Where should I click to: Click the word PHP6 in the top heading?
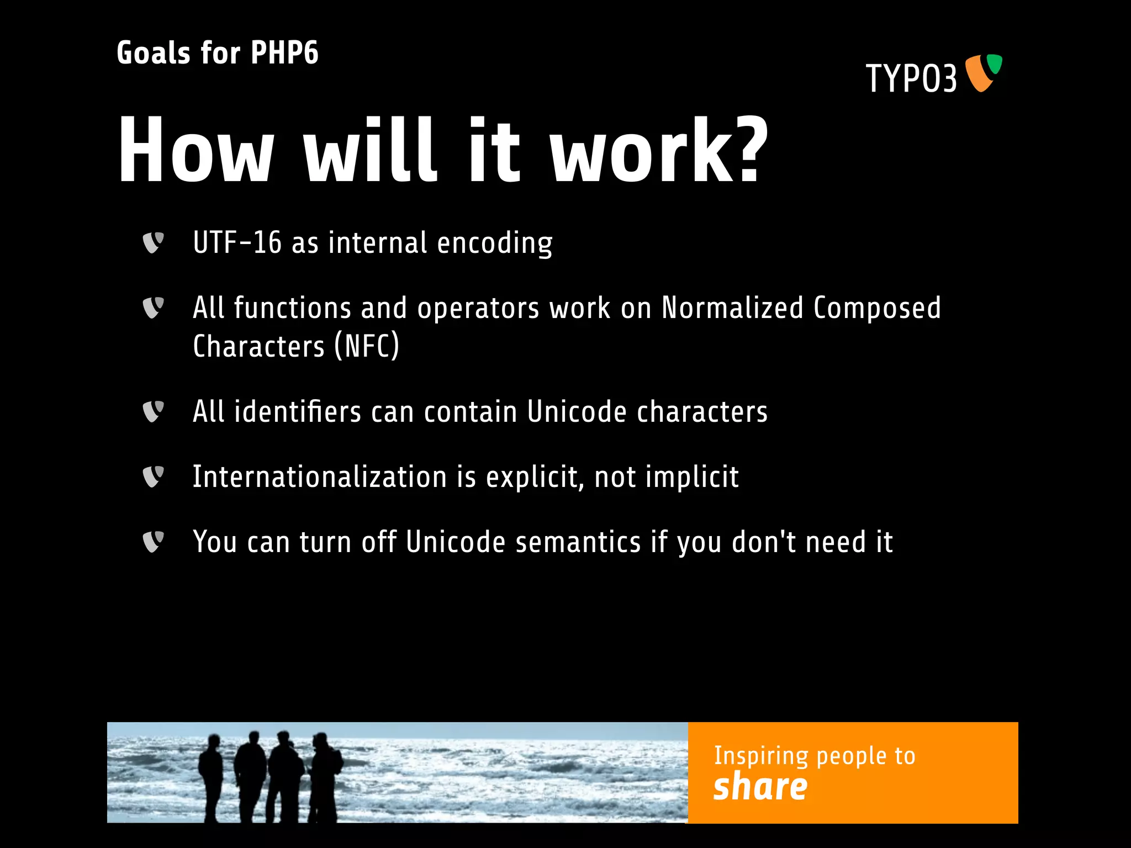click(284, 54)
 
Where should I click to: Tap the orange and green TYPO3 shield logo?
click(983, 73)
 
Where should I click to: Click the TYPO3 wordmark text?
click(911, 78)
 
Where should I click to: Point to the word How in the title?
click(196, 150)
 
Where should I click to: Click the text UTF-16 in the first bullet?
click(237, 243)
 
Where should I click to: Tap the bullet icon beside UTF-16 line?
click(153, 242)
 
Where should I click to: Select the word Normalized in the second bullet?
click(732, 308)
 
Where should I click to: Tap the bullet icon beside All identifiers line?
click(153, 411)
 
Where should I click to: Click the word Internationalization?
click(319, 477)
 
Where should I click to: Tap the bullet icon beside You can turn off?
click(153, 542)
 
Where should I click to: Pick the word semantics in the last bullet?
click(578, 542)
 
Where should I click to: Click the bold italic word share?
click(760, 787)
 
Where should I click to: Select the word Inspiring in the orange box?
click(761, 756)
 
